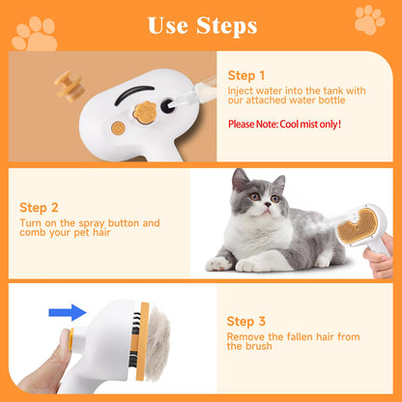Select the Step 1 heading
(245, 74)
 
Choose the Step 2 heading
(38, 207)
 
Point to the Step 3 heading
(245, 321)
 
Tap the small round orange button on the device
(118, 128)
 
